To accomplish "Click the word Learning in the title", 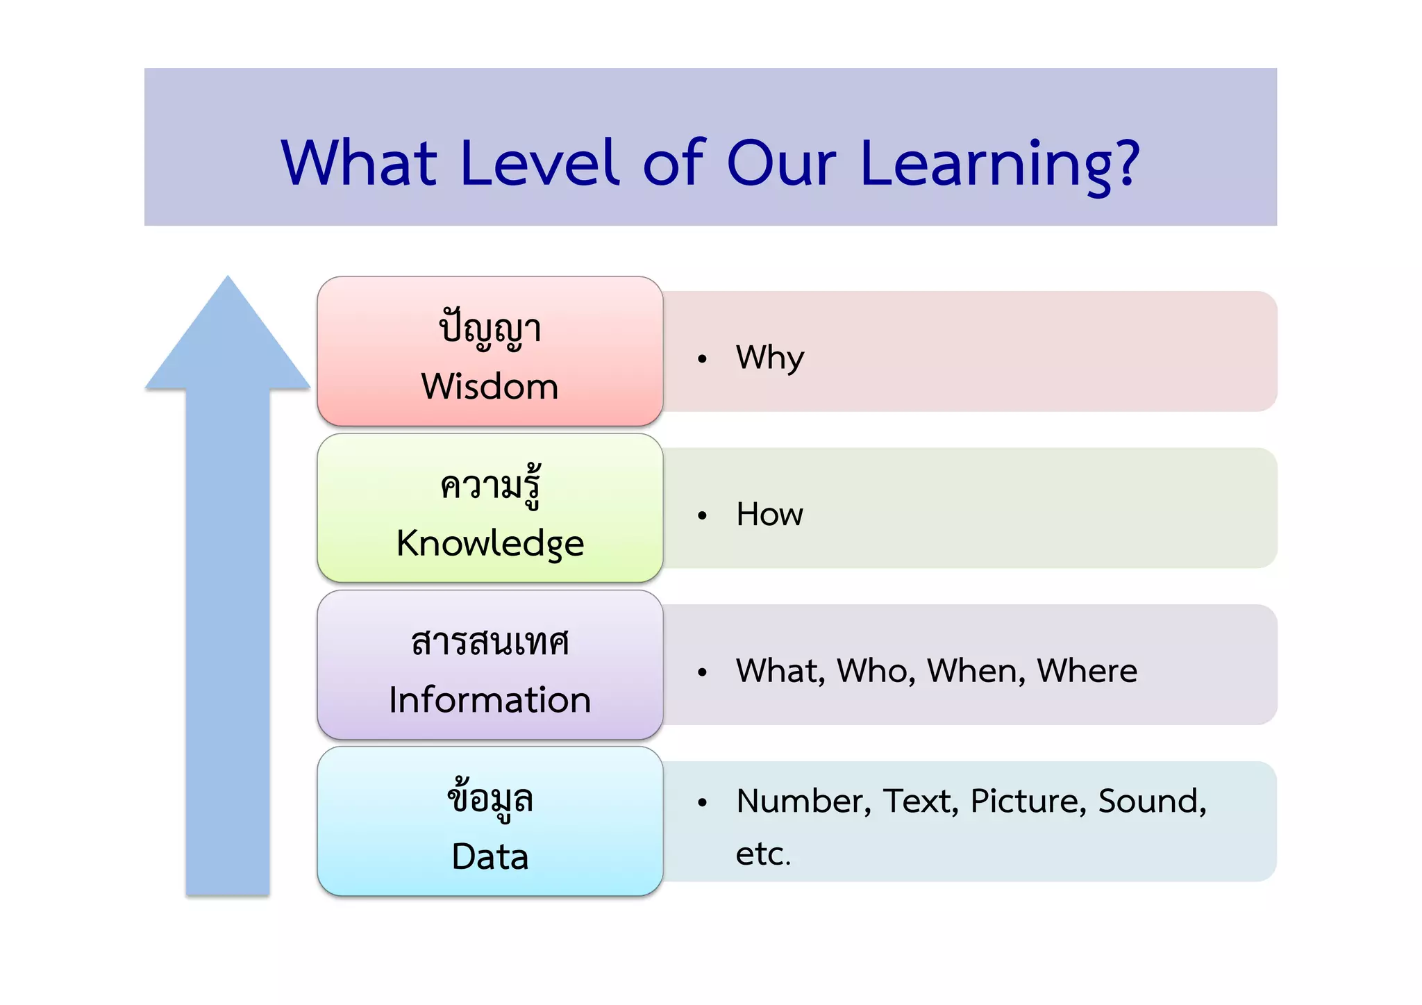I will pos(986,165).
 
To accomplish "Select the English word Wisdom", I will pos(490,386).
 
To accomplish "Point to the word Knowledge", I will pos(490,543).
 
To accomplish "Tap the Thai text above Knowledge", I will pos(490,485).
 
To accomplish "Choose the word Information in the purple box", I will pos(490,699).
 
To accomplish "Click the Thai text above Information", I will pos(490,642).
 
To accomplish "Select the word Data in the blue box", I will pos(490,856).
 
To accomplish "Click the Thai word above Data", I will pos(490,799).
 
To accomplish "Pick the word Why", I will pos(769,358).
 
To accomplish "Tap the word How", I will pos(769,515).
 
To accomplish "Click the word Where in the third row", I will pos(1087,671).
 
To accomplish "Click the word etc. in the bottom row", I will pos(762,854).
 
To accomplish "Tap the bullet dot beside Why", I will pos(702,359).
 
